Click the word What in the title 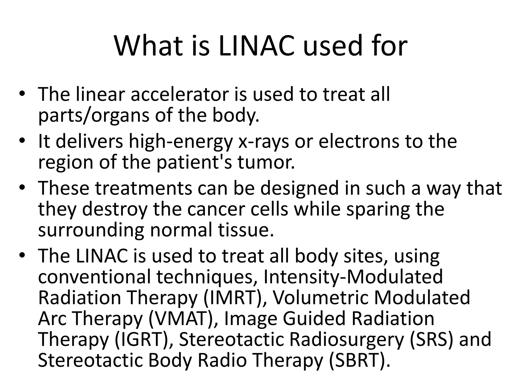[149, 46]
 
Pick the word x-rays [264, 142]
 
